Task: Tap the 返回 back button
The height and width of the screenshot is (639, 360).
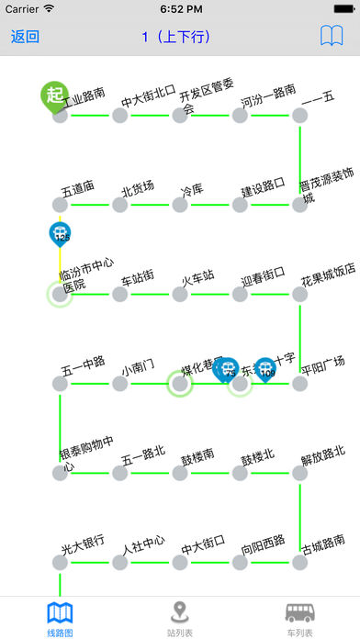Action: click(x=25, y=38)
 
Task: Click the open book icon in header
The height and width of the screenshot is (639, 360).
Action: click(x=332, y=38)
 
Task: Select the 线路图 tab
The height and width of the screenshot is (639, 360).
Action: click(x=60, y=618)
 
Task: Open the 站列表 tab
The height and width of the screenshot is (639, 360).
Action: click(x=180, y=618)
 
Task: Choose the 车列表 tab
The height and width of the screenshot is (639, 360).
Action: click(x=300, y=618)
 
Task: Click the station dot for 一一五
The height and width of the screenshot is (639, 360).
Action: click(x=299, y=116)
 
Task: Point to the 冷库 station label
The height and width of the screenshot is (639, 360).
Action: click(x=192, y=189)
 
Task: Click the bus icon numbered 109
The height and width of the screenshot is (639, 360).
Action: click(x=266, y=369)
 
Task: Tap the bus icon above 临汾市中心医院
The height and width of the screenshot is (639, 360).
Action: click(x=61, y=234)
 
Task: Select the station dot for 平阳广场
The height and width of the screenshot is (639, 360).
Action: click(x=299, y=384)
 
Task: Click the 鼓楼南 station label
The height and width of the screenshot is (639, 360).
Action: click(x=197, y=454)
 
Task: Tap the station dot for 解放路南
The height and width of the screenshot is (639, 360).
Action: click(x=299, y=474)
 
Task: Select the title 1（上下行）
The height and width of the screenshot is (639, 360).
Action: click(x=176, y=38)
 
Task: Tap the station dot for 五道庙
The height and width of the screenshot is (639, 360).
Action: click(x=60, y=205)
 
